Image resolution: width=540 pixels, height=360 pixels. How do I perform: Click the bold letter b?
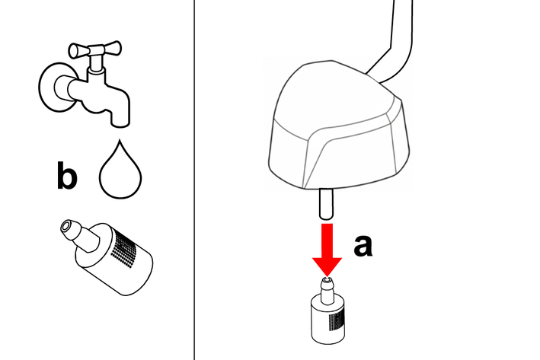pos(67,175)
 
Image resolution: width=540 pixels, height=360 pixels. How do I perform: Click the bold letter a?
pos(363,245)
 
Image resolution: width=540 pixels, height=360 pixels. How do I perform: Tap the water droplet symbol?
pos(120,170)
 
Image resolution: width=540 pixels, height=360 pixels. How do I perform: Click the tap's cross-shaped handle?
pos(95,49)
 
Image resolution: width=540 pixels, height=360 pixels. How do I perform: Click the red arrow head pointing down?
pos(327,266)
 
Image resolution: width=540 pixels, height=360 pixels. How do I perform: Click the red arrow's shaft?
pos(327,241)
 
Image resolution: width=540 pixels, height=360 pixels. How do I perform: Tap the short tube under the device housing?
pos(326,203)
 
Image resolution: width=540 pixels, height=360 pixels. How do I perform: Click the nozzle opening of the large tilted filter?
pos(66,227)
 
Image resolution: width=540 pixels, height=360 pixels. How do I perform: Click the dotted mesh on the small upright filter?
pos(337,321)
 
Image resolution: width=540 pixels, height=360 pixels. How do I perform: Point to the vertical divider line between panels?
pos(194,180)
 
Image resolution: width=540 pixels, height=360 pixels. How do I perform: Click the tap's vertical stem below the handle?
pos(96,64)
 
